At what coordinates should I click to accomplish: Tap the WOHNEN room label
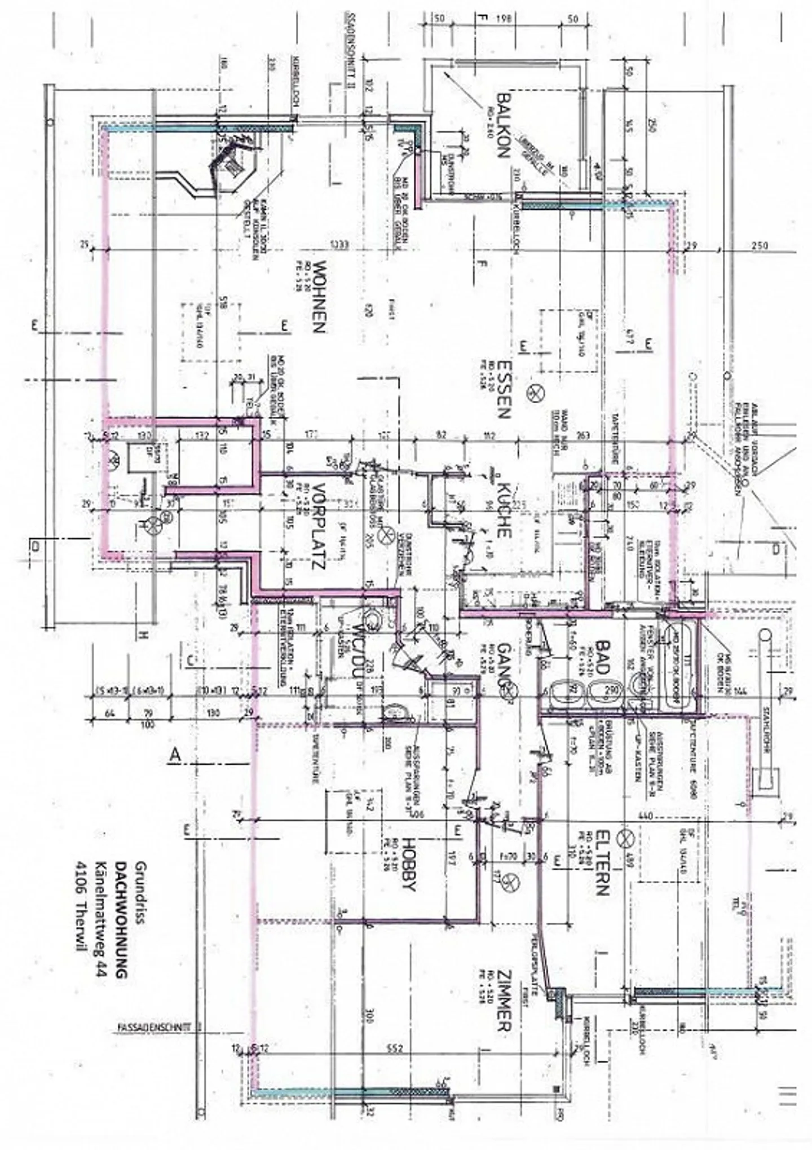click(319, 296)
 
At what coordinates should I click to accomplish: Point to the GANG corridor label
click(504, 671)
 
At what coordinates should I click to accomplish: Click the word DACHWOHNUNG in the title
click(121, 920)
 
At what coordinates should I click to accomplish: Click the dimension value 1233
click(341, 245)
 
